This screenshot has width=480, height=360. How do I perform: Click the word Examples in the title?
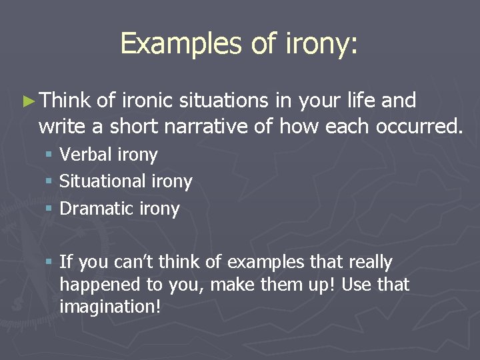(x=172, y=43)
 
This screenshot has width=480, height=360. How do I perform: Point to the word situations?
(x=223, y=101)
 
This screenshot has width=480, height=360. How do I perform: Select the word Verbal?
(x=85, y=155)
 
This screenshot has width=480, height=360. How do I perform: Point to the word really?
(x=368, y=262)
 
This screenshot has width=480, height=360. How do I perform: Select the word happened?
(x=97, y=285)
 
